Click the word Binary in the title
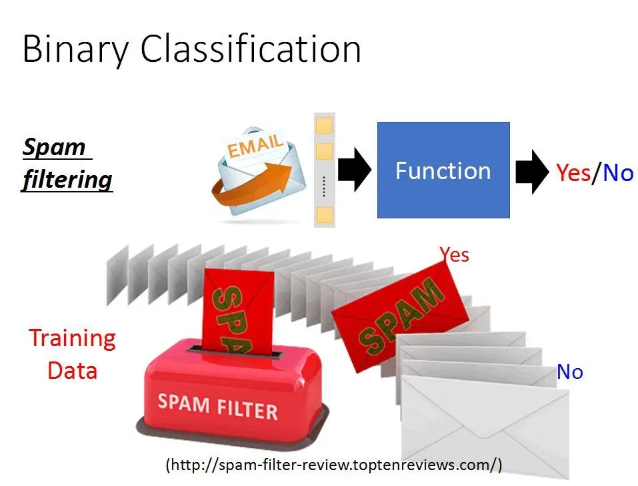[75, 49]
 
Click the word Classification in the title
[251, 48]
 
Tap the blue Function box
[443, 170]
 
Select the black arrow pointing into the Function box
[355, 170]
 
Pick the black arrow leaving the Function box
[532, 172]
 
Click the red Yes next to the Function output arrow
[573, 172]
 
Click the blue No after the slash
[617, 172]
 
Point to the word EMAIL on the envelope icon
[255, 146]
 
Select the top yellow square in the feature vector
[324, 126]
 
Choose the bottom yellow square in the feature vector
[324, 214]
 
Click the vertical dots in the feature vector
[324, 187]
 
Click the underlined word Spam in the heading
[54, 146]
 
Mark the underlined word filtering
[67, 179]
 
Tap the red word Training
[73, 338]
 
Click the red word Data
[73, 371]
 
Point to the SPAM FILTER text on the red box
[218, 406]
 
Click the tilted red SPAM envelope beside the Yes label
[399, 318]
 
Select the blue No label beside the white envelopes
[569, 371]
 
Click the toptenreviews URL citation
[334, 464]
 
